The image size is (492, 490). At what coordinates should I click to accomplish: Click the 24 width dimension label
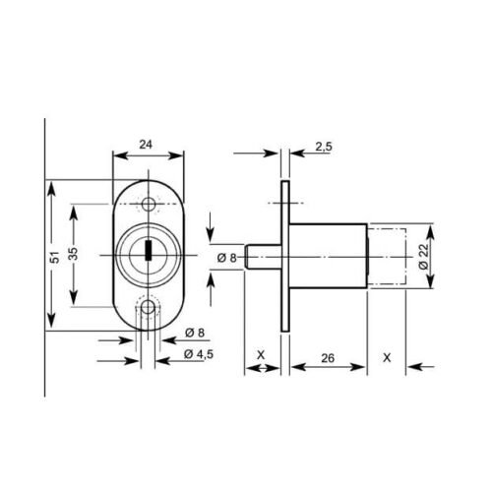coord(146,145)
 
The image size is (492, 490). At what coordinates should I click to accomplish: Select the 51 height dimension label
coord(56,257)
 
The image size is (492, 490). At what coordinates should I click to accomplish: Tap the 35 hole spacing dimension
coord(74,253)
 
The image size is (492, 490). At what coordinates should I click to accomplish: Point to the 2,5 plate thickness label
coord(324,147)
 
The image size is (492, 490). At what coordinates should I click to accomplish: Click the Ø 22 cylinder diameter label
coord(424,257)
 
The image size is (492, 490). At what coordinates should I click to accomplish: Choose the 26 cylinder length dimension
coord(328,358)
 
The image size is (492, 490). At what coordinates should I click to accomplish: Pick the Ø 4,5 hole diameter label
coord(199,354)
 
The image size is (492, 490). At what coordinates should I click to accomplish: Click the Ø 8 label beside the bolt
coord(226,258)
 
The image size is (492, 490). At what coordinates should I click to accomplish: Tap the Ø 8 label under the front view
coord(195,333)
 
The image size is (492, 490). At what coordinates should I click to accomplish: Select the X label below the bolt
coord(261,355)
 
